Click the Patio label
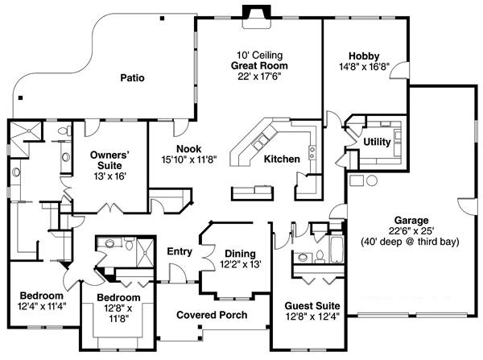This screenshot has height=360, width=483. coord(132,78)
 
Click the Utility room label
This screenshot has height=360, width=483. coord(377,142)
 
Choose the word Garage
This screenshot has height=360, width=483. coord(411,219)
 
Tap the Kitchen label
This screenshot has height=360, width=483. coord(282,159)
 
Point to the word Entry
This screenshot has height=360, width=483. coord(179,251)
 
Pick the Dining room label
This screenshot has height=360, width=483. coord(240,252)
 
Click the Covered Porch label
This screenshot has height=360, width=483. coord(212,315)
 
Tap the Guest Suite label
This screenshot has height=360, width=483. coord(312,307)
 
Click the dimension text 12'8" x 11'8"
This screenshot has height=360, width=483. coord(118,313)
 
